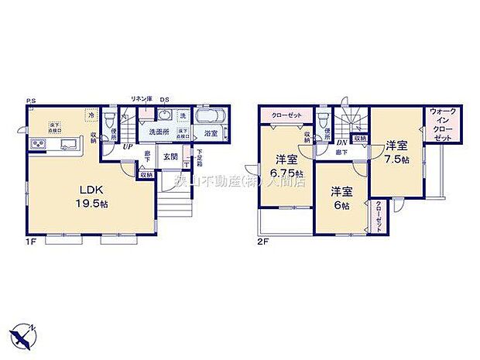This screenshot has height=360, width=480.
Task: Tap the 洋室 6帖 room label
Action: tap(341, 197)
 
